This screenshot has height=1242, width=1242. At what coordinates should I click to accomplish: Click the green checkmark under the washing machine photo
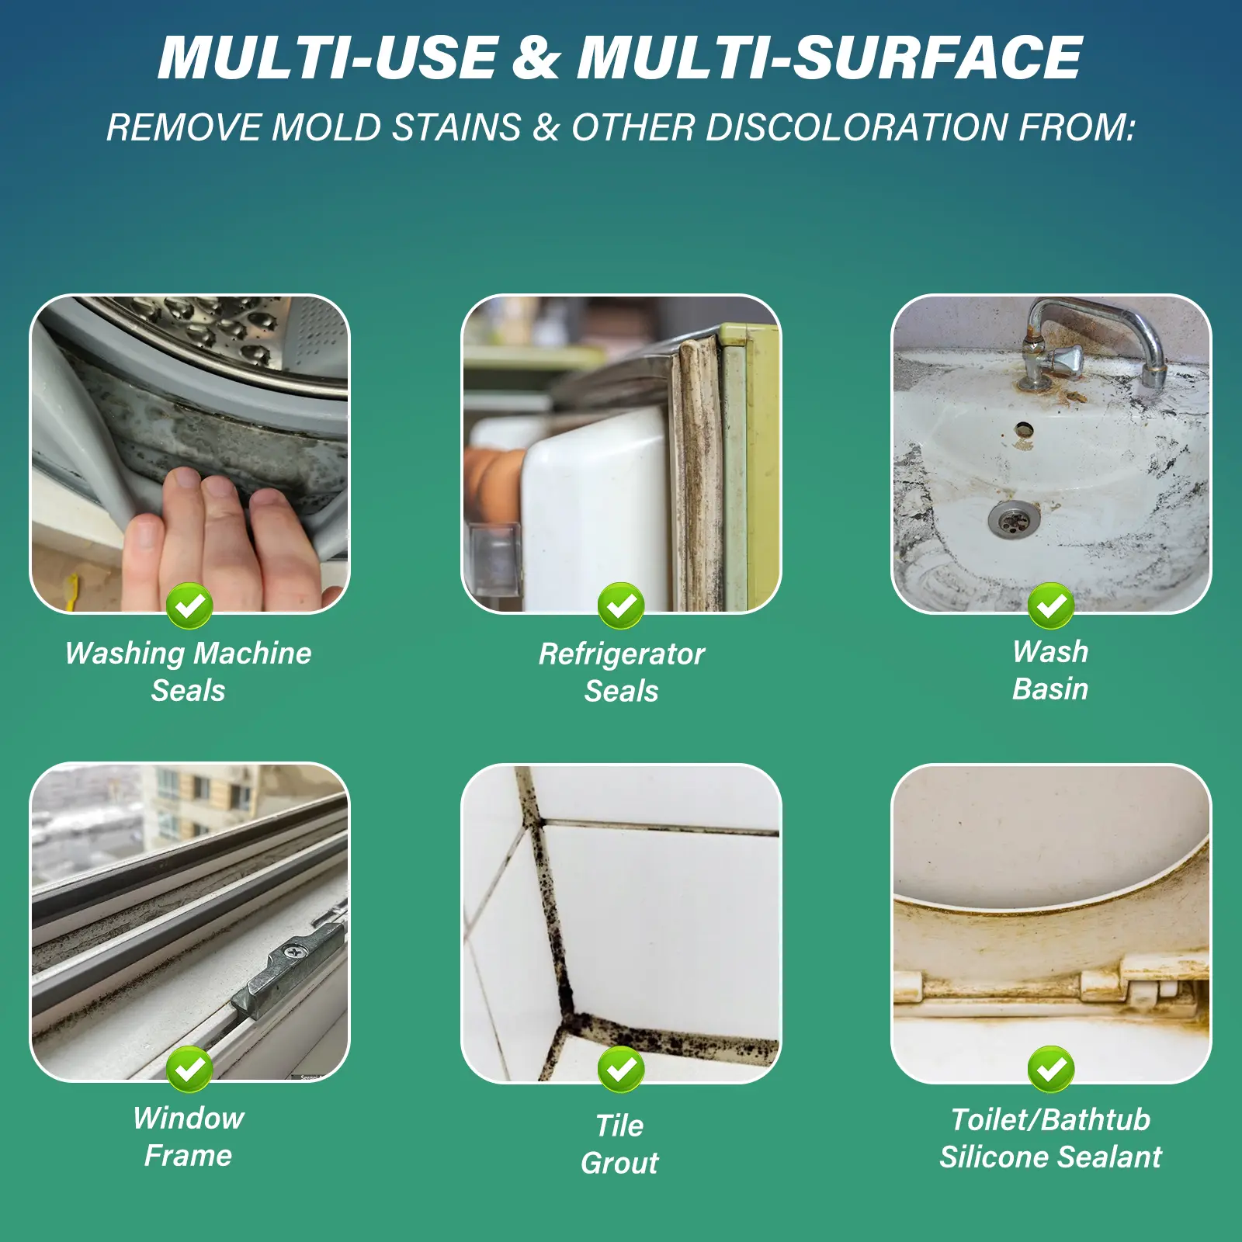click(189, 605)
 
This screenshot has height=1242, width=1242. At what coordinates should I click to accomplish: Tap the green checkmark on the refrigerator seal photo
click(621, 605)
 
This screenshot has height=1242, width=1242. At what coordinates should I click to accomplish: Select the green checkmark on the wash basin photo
click(1051, 605)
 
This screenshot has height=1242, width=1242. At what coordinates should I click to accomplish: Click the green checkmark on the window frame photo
click(189, 1070)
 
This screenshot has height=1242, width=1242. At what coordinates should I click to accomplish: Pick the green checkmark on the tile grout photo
click(621, 1070)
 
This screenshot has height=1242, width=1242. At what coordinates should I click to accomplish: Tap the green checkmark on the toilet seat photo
click(1051, 1070)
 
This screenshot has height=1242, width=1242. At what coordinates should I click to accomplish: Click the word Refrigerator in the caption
click(622, 654)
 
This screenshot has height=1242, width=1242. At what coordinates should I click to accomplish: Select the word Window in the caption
click(189, 1119)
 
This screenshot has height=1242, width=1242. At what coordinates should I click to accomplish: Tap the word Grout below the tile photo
click(619, 1163)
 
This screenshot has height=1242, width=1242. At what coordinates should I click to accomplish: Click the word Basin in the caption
click(1050, 689)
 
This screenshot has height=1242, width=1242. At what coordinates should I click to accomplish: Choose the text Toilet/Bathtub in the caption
click(1050, 1119)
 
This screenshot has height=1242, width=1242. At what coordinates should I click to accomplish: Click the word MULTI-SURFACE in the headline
click(829, 57)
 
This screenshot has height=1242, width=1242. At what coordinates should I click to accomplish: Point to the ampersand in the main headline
click(536, 57)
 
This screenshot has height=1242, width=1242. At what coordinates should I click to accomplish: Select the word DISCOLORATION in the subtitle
click(856, 127)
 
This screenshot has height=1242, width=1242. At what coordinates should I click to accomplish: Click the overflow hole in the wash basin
click(1024, 428)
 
